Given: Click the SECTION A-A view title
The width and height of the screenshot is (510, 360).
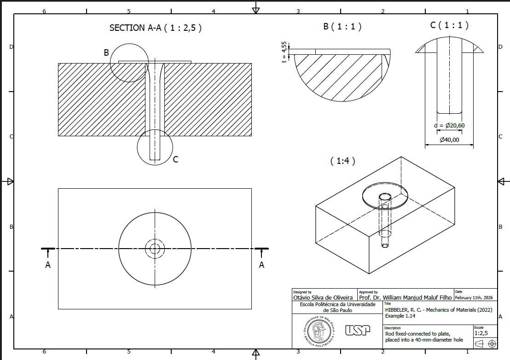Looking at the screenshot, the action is [156, 28].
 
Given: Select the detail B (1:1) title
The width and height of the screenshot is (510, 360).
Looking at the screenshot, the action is [342, 26].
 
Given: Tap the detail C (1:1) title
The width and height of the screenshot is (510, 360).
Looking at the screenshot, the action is [449, 25].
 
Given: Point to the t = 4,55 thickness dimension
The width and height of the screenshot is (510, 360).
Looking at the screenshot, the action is [284, 52].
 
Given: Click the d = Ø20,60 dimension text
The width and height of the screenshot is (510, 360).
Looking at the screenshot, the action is [449, 126].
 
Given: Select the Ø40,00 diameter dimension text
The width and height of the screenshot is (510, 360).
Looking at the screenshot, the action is [450, 140].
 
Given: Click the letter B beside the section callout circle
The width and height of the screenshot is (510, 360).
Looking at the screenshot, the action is [106, 52].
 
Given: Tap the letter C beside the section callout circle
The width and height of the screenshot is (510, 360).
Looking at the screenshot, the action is [176, 159].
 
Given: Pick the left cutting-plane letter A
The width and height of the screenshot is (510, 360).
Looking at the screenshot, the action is [48, 265].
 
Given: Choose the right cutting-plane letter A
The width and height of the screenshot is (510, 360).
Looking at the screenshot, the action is [261, 265].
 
